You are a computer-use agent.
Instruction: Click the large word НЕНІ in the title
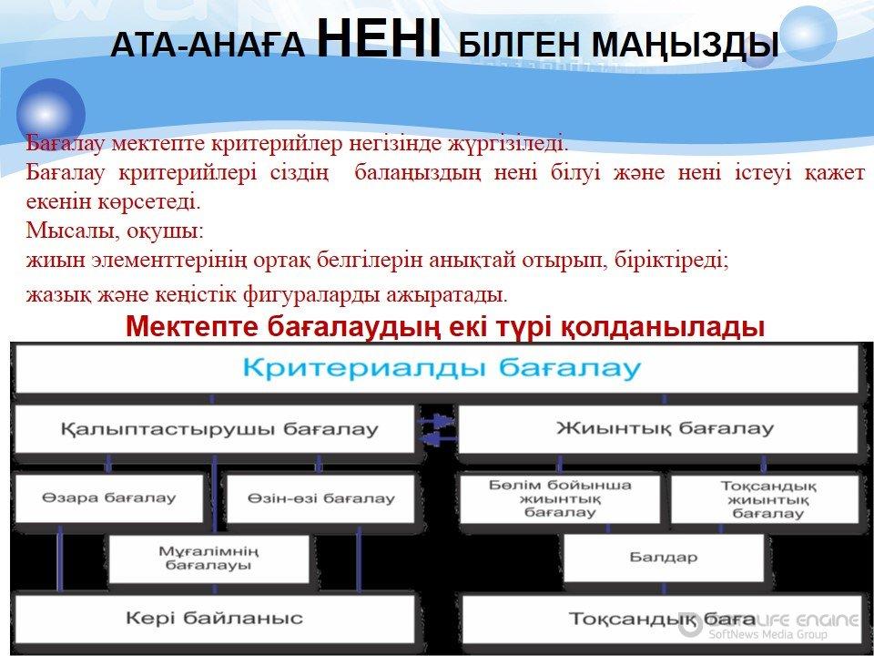(x=379, y=38)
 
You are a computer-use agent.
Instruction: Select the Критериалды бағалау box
(x=437, y=369)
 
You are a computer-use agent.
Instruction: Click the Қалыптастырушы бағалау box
(x=215, y=429)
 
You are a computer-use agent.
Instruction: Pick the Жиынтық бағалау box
(x=658, y=429)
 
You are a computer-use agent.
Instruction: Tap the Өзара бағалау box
(x=109, y=498)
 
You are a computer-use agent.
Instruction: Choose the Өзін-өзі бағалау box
(x=320, y=498)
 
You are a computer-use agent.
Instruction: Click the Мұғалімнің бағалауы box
(x=209, y=559)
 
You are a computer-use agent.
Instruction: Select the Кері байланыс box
(x=215, y=618)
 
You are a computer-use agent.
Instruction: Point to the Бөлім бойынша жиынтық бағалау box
(x=560, y=498)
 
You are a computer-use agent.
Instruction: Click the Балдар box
(x=664, y=558)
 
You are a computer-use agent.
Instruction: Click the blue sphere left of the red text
(x=51, y=113)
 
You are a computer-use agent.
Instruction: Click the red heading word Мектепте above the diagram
(x=192, y=327)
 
